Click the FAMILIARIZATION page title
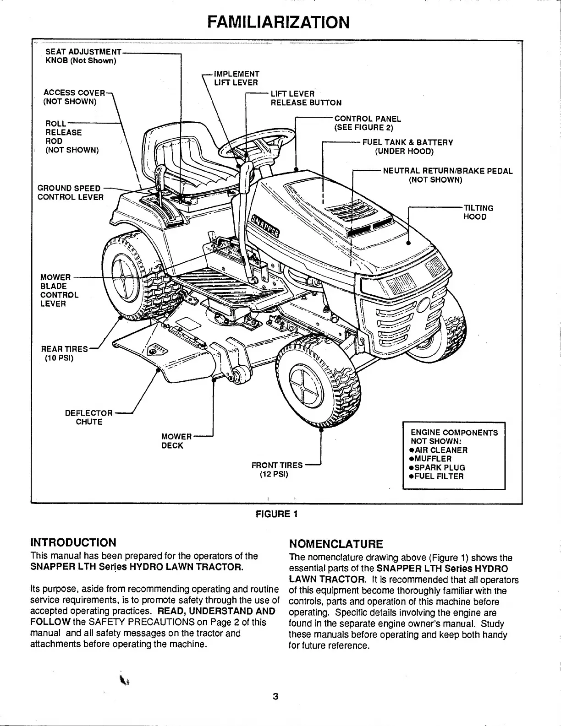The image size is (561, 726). pos(278,22)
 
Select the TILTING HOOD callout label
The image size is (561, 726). pos(478,212)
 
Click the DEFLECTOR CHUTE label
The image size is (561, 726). pos(89,417)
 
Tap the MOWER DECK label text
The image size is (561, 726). pos(176,441)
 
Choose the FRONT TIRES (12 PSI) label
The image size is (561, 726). pos(277,470)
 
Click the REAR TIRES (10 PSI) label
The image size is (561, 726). pos(64,353)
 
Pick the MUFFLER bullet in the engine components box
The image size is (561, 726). pos(433,459)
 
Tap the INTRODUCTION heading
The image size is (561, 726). pos(73,542)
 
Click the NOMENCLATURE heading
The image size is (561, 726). pos(335,544)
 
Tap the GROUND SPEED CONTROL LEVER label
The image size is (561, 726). pos(70,193)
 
